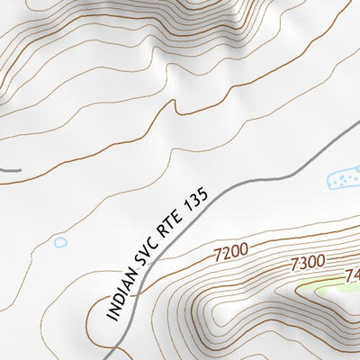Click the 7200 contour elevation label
[x=231, y=256]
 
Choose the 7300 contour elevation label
[x=307, y=264]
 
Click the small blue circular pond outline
[x=60, y=242]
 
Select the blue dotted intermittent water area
[x=343, y=180]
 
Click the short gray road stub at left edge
[x=9, y=168]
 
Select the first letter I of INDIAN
[x=111, y=317]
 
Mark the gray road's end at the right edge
[x=356, y=120]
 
